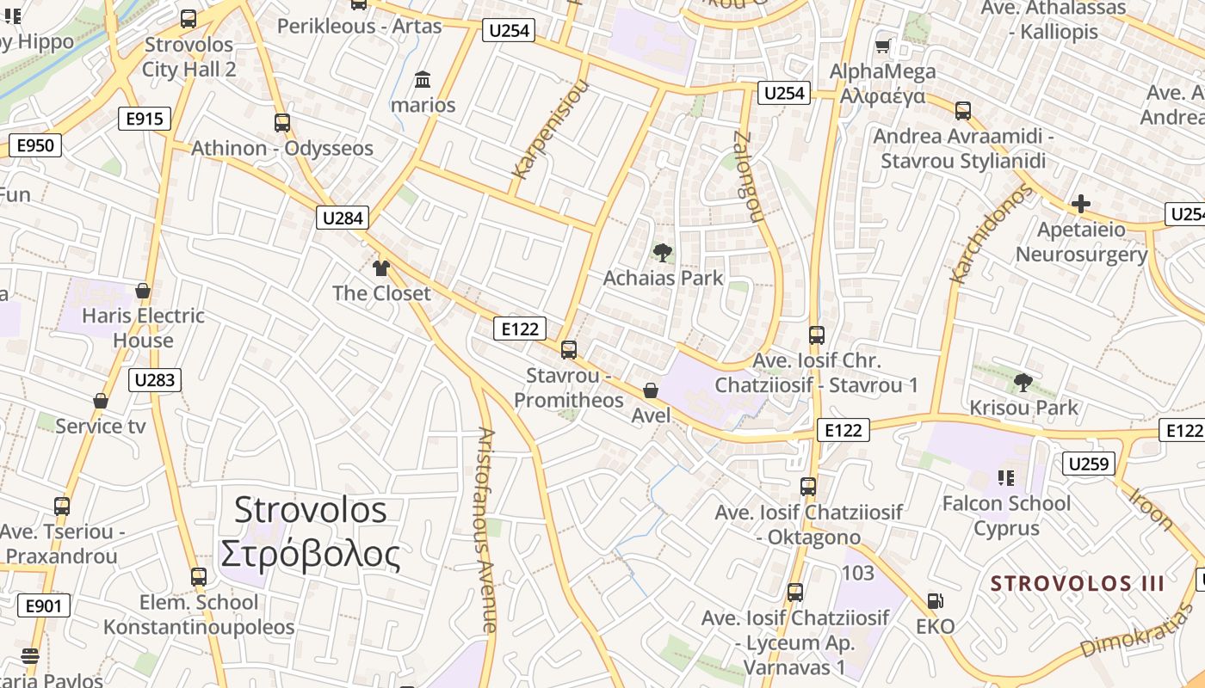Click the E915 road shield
tap(145, 119)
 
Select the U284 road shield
tap(343, 218)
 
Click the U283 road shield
tap(156, 379)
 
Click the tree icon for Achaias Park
tap(663, 253)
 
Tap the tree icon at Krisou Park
tap(1023, 382)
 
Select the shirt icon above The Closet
tap(381, 267)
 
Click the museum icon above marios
tap(423, 80)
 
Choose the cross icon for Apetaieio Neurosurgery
tap(1080, 205)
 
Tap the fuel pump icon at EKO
tap(936, 601)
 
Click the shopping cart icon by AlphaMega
tap(882, 46)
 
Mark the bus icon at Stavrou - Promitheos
tap(568, 350)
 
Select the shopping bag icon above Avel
tap(651, 391)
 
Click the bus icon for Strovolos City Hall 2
tap(188, 18)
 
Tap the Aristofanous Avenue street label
tap(486, 530)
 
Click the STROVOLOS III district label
tap(1077, 584)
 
